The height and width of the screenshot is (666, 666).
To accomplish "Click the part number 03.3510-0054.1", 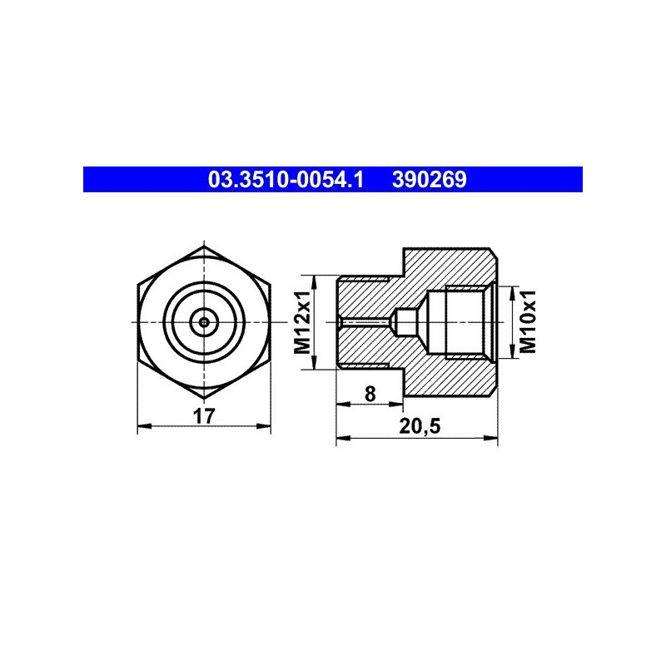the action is [x=286, y=180].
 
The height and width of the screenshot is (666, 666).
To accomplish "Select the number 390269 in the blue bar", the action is [x=429, y=180].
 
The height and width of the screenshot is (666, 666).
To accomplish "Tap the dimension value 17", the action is [x=204, y=416].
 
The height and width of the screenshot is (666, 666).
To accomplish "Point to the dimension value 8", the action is [x=370, y=394].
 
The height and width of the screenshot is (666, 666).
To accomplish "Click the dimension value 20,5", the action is [x=420, y=426].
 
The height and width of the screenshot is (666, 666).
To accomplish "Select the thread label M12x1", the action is [x=303, y=322].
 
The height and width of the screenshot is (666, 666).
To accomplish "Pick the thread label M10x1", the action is [x=528, y=322].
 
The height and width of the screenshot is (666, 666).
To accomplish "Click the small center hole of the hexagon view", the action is [x=204, y=322].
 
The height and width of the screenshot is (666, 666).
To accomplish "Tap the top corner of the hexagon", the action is [x=204, y=246].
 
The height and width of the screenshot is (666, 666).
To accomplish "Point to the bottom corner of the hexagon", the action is [x=204, y=398].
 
